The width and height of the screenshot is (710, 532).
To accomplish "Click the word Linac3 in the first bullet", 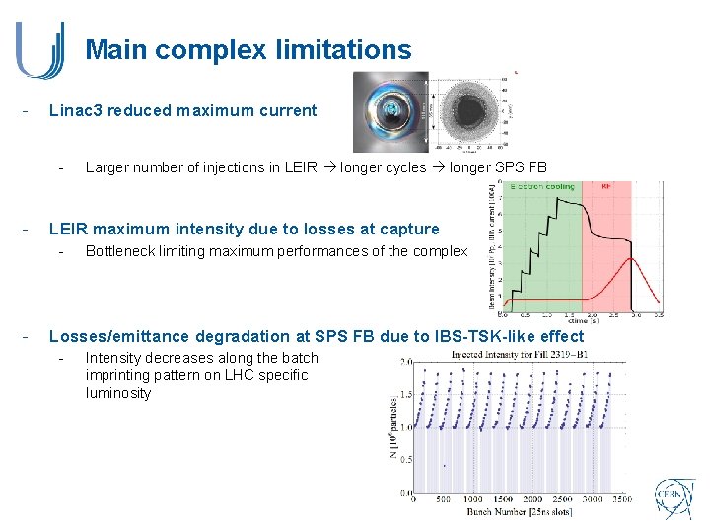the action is tap(75, 110).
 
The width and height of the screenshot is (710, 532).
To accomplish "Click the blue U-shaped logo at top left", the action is tap(40, 50).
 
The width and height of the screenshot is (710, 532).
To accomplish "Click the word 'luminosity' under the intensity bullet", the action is tap(118, 393).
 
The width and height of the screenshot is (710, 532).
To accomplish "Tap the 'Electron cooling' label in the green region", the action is tap(541, 185).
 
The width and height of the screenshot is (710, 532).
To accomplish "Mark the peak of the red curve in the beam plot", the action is tap(627, 259).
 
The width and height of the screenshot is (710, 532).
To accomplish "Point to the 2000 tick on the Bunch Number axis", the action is tap(533, 499).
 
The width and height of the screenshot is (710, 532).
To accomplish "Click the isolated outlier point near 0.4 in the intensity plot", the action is tap(445, 465).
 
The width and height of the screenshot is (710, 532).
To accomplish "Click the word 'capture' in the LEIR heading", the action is tap(407, 229).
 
